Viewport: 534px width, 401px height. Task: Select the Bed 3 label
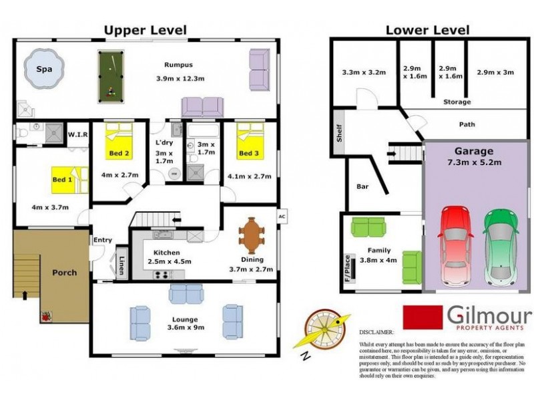(x=248, y=154)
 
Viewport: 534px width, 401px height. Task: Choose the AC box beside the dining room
(x=281, y=217)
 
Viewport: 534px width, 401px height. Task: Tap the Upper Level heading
(x=144, y=29)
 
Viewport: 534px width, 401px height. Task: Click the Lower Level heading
(x=427, y=29)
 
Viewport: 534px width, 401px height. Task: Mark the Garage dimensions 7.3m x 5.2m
(x=474, y=162)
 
